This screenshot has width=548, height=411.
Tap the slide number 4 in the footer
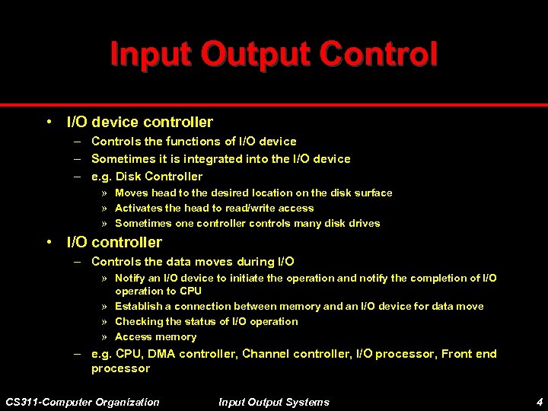(538, 402)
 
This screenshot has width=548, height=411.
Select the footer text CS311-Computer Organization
(83, 402)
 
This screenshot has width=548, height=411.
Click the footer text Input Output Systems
(274, 402)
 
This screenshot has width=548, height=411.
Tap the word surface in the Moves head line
(373, 193)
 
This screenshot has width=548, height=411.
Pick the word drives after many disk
(363, 224)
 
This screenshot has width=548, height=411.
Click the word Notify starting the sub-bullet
(129, 279)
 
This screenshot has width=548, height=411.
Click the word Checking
(139, 322)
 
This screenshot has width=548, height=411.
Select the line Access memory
(155, 337)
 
